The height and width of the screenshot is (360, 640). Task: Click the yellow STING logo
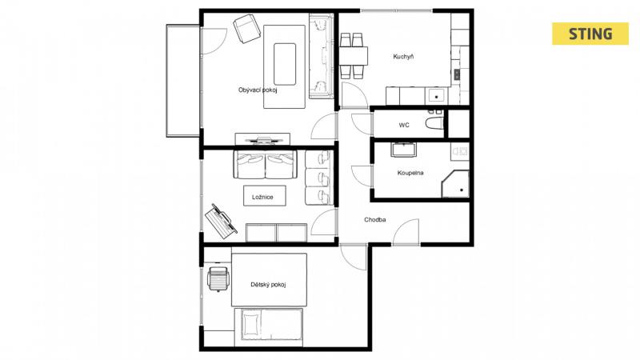[x=590, y=34]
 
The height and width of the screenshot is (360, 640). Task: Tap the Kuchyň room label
[x=403, y=57]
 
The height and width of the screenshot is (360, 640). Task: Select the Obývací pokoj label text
[x=258, y=90]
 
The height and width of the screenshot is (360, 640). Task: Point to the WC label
[x=404, y=125]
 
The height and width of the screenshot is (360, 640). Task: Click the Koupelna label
[x=410, y=173]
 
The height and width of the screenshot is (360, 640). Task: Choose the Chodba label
[x=374, y=219]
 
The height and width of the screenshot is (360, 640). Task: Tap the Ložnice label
[x=262, y=197]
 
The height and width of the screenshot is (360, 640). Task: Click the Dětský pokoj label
[x=268, y=285]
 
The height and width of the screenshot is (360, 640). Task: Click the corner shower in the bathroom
[x=455, y=184]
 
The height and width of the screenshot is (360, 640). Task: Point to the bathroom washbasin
[x=403, y=150]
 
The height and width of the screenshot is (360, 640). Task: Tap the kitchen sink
[x=436, y=96]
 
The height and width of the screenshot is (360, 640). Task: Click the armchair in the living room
[x=247, y=28]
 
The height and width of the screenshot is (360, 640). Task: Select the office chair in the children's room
[x=218, y=278]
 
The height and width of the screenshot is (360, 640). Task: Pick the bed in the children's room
[x=269, y=327]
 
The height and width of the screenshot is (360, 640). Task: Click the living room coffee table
[x=285, y=64]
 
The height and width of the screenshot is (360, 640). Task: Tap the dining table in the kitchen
[x=354, y=56]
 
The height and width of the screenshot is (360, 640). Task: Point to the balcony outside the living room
[x=183, y=81]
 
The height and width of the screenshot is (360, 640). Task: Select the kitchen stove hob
[x=457, y=74]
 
